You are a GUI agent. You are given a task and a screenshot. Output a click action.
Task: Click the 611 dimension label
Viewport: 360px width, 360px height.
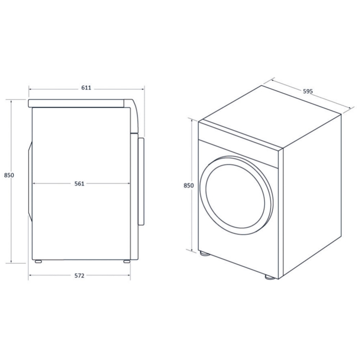(x=86, y=87)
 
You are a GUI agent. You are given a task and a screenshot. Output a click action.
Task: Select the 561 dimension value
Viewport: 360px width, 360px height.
(x=79, y=184)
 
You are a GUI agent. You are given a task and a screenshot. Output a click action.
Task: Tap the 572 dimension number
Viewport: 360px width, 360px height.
(x=79, y=276)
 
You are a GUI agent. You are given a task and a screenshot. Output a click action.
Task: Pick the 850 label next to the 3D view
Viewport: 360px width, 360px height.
(x=189, y=186)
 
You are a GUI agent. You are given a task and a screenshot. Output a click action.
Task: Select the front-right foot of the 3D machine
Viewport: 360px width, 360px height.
(x=269, y=277)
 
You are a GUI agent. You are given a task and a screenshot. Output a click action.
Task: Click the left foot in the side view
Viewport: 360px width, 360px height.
(x=38, y=261)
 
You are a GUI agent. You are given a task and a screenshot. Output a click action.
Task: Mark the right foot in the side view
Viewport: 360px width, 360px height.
(x=126, y=261)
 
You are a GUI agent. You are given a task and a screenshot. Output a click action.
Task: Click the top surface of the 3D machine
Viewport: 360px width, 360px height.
(x=270, y=115)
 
